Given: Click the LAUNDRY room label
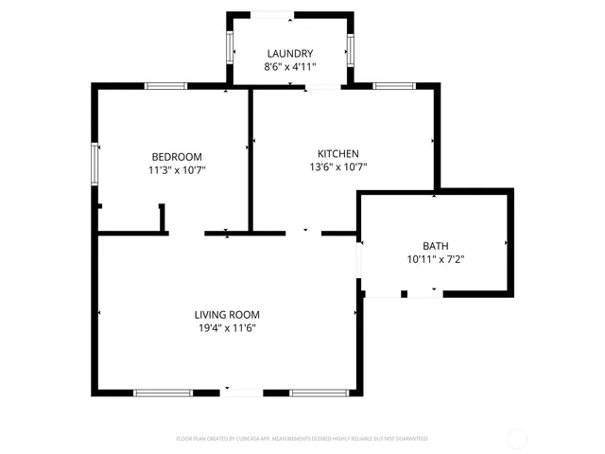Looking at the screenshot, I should [289, 53].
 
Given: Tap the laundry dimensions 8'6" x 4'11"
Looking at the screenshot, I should [289, 67].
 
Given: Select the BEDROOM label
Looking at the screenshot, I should [177, 156].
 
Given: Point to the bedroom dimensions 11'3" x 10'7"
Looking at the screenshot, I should [177, 170].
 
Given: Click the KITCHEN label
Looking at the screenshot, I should [337, 153].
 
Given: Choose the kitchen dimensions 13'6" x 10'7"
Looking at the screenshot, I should [337, 167].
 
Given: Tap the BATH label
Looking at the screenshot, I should [436, 245].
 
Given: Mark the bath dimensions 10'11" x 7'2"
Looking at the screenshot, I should [436, 258].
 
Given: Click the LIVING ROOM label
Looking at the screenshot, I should [227, 315].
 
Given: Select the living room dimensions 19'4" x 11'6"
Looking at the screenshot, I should [227, 328].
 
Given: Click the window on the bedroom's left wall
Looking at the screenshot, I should [94, 164].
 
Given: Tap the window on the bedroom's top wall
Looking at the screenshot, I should [165, 86].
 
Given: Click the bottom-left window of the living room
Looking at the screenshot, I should [163, 393].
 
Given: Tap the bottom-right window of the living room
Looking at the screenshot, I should [318, 393].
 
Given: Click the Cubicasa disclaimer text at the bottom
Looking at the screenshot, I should [302, 439].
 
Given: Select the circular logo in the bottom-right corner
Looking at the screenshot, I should [518, 438].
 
